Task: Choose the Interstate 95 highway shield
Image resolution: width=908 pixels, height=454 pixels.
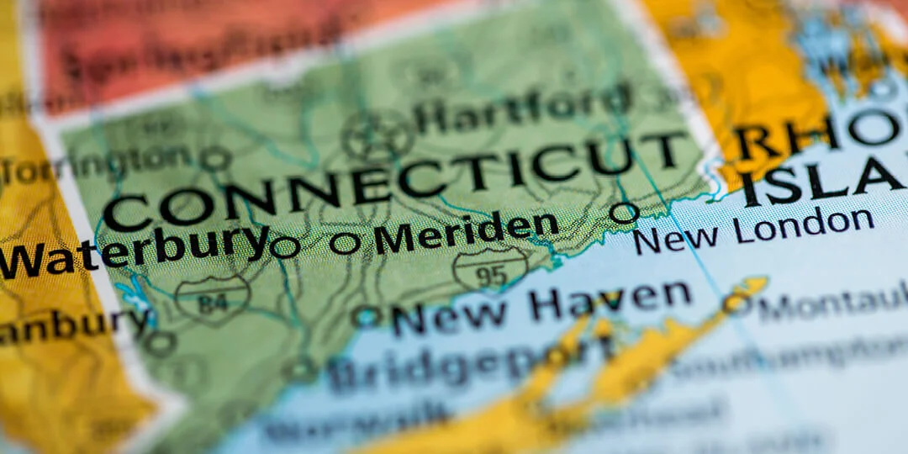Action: coord(490,270)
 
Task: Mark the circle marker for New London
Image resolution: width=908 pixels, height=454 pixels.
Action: coord(624,212)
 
